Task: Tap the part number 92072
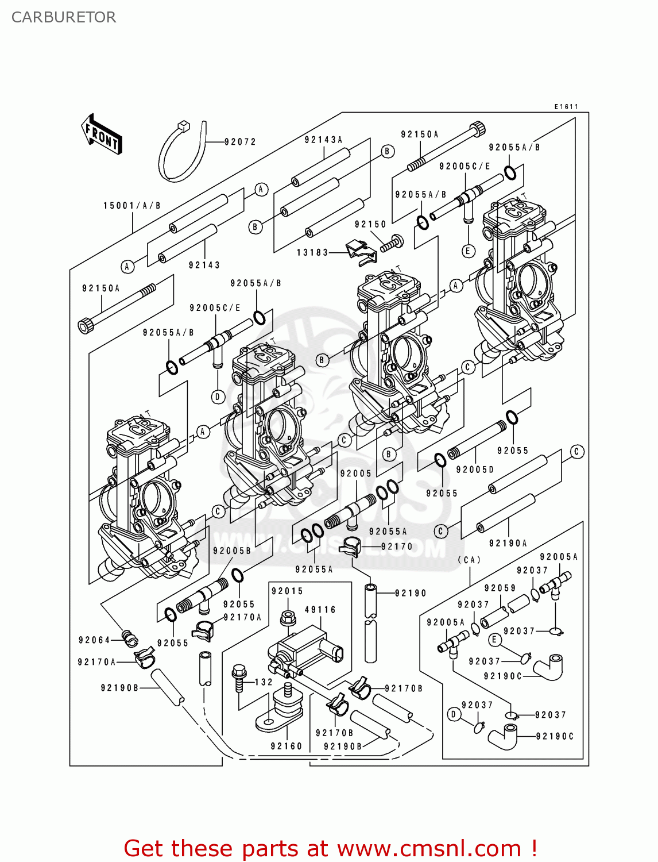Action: [240, 142]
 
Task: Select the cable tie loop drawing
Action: [181, 152]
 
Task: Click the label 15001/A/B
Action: [131, 206]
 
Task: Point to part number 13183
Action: [312, 252]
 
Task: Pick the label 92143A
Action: [323, 140]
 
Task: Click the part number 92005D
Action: [474, 470]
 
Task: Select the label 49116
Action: [320, 610]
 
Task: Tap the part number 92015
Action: [287, 591]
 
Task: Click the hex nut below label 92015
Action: [288, 618]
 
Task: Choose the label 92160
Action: [286, 746]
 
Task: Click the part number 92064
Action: [94, 640]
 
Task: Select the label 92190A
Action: [508, 543]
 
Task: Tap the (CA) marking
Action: [469, 560]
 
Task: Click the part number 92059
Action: [500, 588]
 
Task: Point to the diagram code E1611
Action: [566, 107]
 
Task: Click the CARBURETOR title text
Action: [64, 17]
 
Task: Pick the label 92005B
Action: [232, 551]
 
